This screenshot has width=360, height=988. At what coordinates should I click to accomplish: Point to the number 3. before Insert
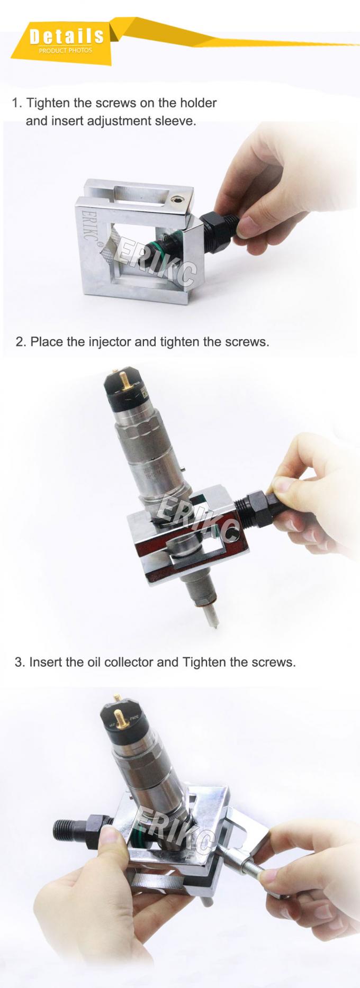[x=20, y=661]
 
